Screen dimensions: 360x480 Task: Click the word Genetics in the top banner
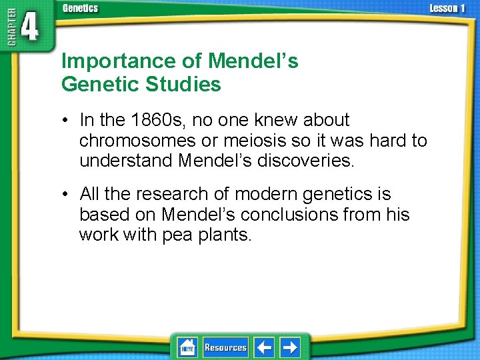click(x=80, y=9)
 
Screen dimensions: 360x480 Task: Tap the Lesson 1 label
click(x=447, y=9)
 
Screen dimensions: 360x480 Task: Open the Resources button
click(x=225, y=347)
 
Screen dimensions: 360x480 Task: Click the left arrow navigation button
click(x=265, y=347)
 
